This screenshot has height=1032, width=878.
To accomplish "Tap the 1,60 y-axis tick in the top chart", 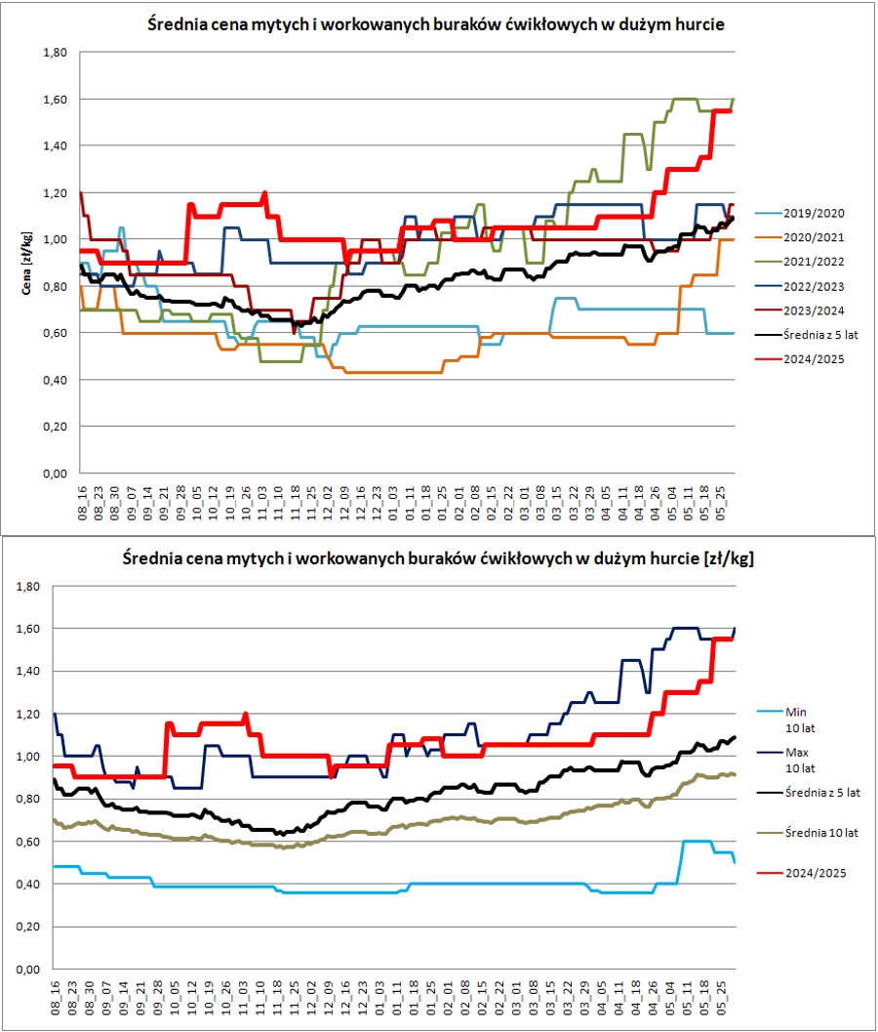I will pos(52,99).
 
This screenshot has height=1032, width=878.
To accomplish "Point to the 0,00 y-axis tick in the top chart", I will pos(52,474).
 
